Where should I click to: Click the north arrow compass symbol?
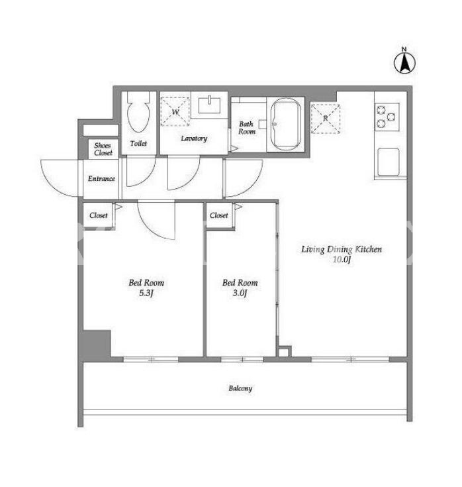pos(404,64)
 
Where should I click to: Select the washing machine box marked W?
pos(175,111)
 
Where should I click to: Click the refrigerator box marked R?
pos(326,119)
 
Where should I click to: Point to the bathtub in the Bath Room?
pos(286,125)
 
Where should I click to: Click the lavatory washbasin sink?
pos(209,105)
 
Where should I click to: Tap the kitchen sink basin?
pos(388,162)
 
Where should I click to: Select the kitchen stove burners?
pos(387,117)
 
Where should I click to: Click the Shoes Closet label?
pos(103,149)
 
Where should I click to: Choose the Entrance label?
pos(101,179)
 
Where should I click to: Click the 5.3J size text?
pos(146,293)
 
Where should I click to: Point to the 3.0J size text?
pos(240,293)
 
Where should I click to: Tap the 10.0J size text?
pos(342,259)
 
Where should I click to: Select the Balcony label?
pos(240,388)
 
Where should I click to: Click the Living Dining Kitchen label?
pos(342,249)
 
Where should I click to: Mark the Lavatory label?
pos(194,138)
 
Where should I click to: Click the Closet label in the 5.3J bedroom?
pos(99,215)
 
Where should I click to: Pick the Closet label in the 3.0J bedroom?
pos(218,215)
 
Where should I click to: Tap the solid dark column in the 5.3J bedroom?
pos(97,343)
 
